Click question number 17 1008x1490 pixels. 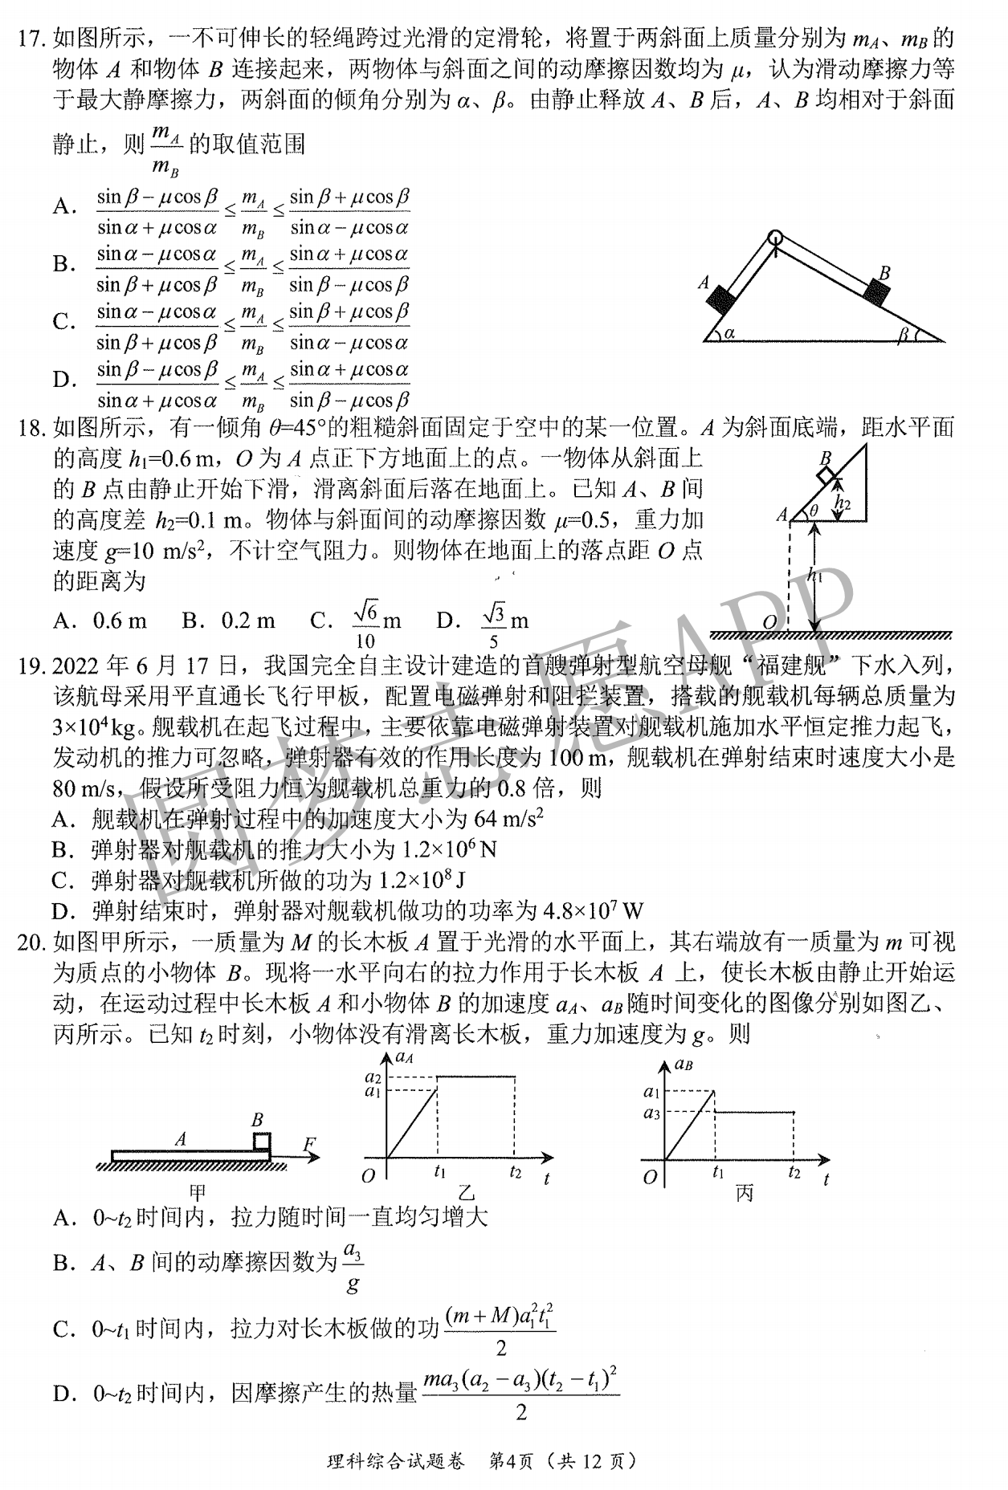33,38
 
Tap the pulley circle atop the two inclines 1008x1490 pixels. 775,238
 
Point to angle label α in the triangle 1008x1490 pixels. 729,332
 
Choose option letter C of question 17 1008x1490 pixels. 63,323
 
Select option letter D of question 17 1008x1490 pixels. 63,381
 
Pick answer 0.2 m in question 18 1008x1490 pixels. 248,621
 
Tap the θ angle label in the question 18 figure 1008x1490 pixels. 813,511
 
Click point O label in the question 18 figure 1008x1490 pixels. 769,622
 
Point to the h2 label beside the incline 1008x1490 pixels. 843,503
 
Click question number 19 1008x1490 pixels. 33,666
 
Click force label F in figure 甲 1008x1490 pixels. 310,1144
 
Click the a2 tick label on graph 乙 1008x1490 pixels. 373,1077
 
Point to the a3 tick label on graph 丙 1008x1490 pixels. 651,1113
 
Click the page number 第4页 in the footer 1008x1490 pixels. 508,1461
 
